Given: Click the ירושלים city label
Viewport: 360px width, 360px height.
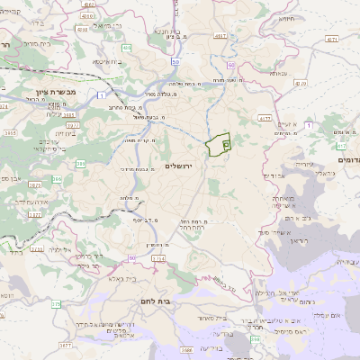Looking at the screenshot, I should click(x=180, y=165).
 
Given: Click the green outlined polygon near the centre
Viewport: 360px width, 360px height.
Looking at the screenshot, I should click(x=219, y=144).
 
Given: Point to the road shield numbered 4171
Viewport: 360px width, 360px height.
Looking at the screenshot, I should click(x=332, y=40).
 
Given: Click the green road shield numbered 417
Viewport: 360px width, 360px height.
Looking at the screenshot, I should click(x=341, y=145).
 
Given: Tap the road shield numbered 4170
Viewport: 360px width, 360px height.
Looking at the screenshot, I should click(x=265, y=117).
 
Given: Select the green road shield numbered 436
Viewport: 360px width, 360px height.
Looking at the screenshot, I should click(x=127, y=48).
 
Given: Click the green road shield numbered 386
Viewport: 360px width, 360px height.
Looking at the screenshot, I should click(x=81, y=163).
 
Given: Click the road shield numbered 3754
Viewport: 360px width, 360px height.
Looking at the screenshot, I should click(x=157, y=259).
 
